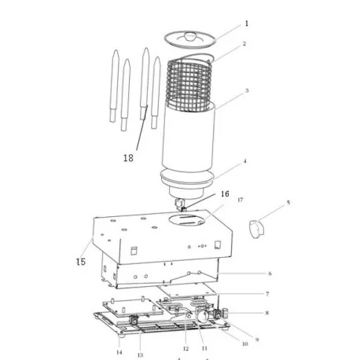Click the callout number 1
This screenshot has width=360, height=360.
pyautogui.click(x=246, y=24)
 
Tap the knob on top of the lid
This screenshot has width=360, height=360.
pyautogui.click(x=191, y=36)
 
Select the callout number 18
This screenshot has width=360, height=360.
pyautogui.click(x=128, y=158)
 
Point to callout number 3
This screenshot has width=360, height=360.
pyautogui.click(x=247, y=90)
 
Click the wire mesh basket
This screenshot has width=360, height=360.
pyautogui.click(x=189, y=84)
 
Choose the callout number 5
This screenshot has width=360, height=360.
pyautogui.click(x=288, y=203)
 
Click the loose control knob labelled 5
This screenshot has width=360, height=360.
pyautogui.click(x=257, y=230)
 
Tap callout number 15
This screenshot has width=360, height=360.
pyautogui.click(x=81, y=261)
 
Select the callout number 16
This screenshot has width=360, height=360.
pyautogui.click(x=225, y=194)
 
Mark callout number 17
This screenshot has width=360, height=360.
pyautogui.click(x=241, y=200)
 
